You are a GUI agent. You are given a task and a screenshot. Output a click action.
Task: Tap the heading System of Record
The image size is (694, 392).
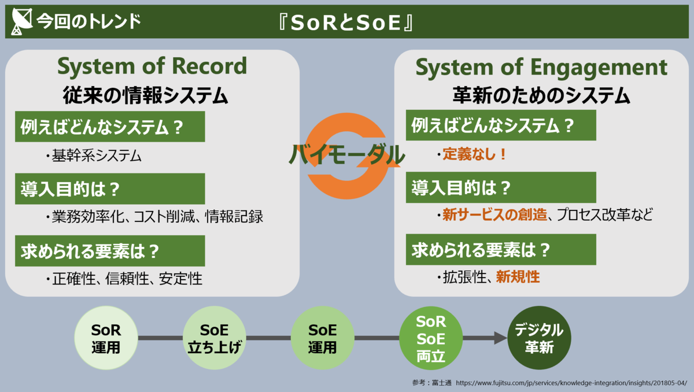point(152,66)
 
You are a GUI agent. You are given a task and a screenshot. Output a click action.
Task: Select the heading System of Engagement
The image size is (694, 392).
point(541,68)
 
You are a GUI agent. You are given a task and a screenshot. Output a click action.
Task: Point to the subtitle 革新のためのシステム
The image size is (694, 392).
point(541,94)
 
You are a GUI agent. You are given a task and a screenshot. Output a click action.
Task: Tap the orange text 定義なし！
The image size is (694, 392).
point(475,154)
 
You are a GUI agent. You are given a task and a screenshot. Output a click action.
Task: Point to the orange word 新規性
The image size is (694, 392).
point(518,278)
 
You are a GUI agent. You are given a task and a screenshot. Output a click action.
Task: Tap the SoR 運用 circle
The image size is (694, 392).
point(106,338)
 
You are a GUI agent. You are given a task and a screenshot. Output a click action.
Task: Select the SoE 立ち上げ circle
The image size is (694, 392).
point(214,338)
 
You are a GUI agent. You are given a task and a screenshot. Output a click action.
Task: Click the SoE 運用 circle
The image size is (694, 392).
point(322,338)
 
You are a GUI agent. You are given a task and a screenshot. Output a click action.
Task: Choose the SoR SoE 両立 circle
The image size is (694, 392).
point(431,338)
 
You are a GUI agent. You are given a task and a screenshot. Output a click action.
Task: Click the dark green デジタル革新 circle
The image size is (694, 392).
point(539,338)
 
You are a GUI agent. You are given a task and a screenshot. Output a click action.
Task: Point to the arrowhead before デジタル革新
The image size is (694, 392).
point(500,338)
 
